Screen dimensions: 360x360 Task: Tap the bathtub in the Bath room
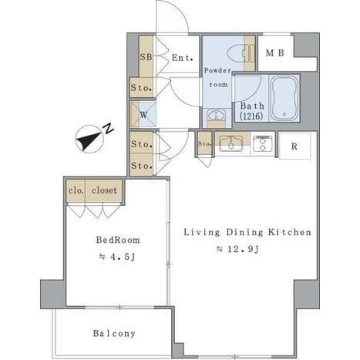284,98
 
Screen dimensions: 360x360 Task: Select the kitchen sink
231,143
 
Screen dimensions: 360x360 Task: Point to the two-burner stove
262,143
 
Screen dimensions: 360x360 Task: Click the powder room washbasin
217,115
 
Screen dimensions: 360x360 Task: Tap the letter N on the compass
109,129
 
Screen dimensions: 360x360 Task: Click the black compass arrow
88,141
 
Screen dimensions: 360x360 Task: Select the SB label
146,57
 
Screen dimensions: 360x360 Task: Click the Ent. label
182,58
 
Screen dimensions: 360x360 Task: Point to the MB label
274,53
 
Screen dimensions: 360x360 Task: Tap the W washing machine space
143,115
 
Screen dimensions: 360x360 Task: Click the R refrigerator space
294,146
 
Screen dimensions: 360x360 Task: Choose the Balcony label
114,333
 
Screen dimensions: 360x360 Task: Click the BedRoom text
118,240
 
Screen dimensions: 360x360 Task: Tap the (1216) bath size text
251,116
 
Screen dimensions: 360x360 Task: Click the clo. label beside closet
76,190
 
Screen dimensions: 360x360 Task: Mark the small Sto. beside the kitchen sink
204,144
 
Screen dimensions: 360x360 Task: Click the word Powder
217,70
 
